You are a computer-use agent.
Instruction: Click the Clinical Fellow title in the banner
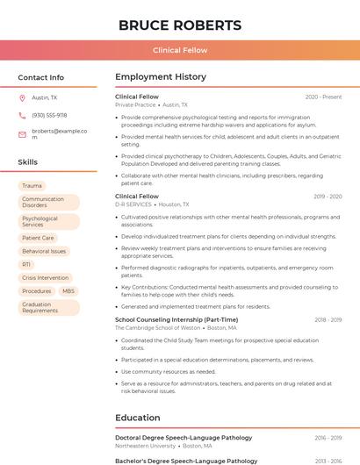pyautogui.click(x=179, y=50)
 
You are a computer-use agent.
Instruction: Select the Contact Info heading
pyautogui.click(x=40, y=77)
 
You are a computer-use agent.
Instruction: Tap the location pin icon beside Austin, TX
pyautogui.click(x=22, y=97)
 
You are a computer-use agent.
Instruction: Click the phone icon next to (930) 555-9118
pyautogui.click(x=22, y=115)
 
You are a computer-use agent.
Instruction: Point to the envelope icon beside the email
pyautogui.click(x=22, y=134)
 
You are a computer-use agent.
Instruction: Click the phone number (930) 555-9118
pyautogui.click(x=49, y=115)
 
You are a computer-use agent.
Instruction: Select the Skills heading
pyautogui.click(x=28, y=162)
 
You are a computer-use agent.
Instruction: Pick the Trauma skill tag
pyautogui.click(x=32, y=186)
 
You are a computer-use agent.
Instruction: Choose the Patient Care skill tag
pyautogui.click(x=38, y=238)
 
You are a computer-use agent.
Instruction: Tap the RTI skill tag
pyautogui.click(x=26, y=264)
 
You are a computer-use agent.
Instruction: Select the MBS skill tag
pyautogui.click(x=68, y=290)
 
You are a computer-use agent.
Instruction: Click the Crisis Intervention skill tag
pyautogui.click(x=45, y=277)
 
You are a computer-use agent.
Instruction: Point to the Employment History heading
pyautogui.click(x=161, y=77)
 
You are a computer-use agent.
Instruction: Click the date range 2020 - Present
pyautogui.click(x=323, y=97)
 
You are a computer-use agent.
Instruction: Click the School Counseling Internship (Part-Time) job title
pyautogui.click(x=176, y=319)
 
